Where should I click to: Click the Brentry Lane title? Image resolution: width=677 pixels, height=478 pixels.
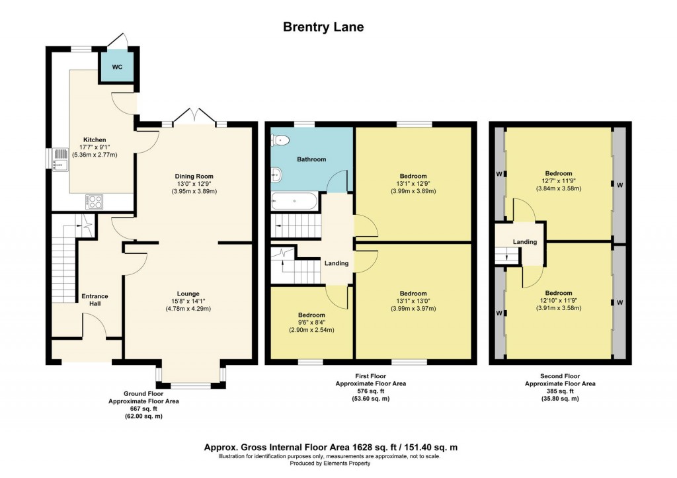tap(323, 27)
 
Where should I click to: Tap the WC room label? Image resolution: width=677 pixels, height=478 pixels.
tap(116, 67)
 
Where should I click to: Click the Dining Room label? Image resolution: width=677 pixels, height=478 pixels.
tap(195, 176)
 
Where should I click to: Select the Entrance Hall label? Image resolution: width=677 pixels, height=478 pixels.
tap(95, 300)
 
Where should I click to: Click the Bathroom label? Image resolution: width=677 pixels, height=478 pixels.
tap(311, 159)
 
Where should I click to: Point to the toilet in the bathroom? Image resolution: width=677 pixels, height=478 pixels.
tap(280, 139)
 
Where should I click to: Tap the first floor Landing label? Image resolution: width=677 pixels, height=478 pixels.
tap(337, 263)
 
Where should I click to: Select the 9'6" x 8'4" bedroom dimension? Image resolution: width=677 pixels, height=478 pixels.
tap(311, 322)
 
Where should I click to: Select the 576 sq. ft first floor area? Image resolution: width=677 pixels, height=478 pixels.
tap(370, 391)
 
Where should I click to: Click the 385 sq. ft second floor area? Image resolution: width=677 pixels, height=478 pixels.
tap(559, 391)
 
